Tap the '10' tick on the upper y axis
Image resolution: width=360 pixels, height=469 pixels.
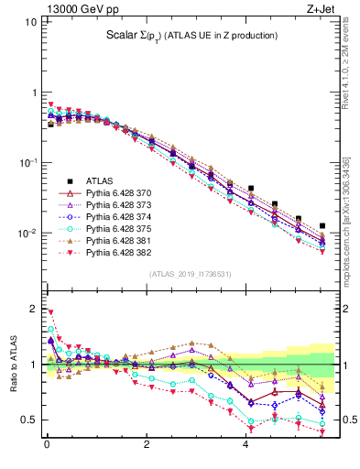(29, 20)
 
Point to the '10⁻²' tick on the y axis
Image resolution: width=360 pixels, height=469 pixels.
(26, 234)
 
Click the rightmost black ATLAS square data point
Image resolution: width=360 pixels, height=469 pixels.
(321, 225)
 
